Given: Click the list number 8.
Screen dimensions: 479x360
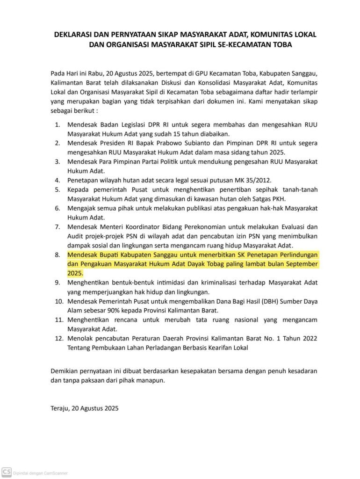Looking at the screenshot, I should click(x=58, y=255).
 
